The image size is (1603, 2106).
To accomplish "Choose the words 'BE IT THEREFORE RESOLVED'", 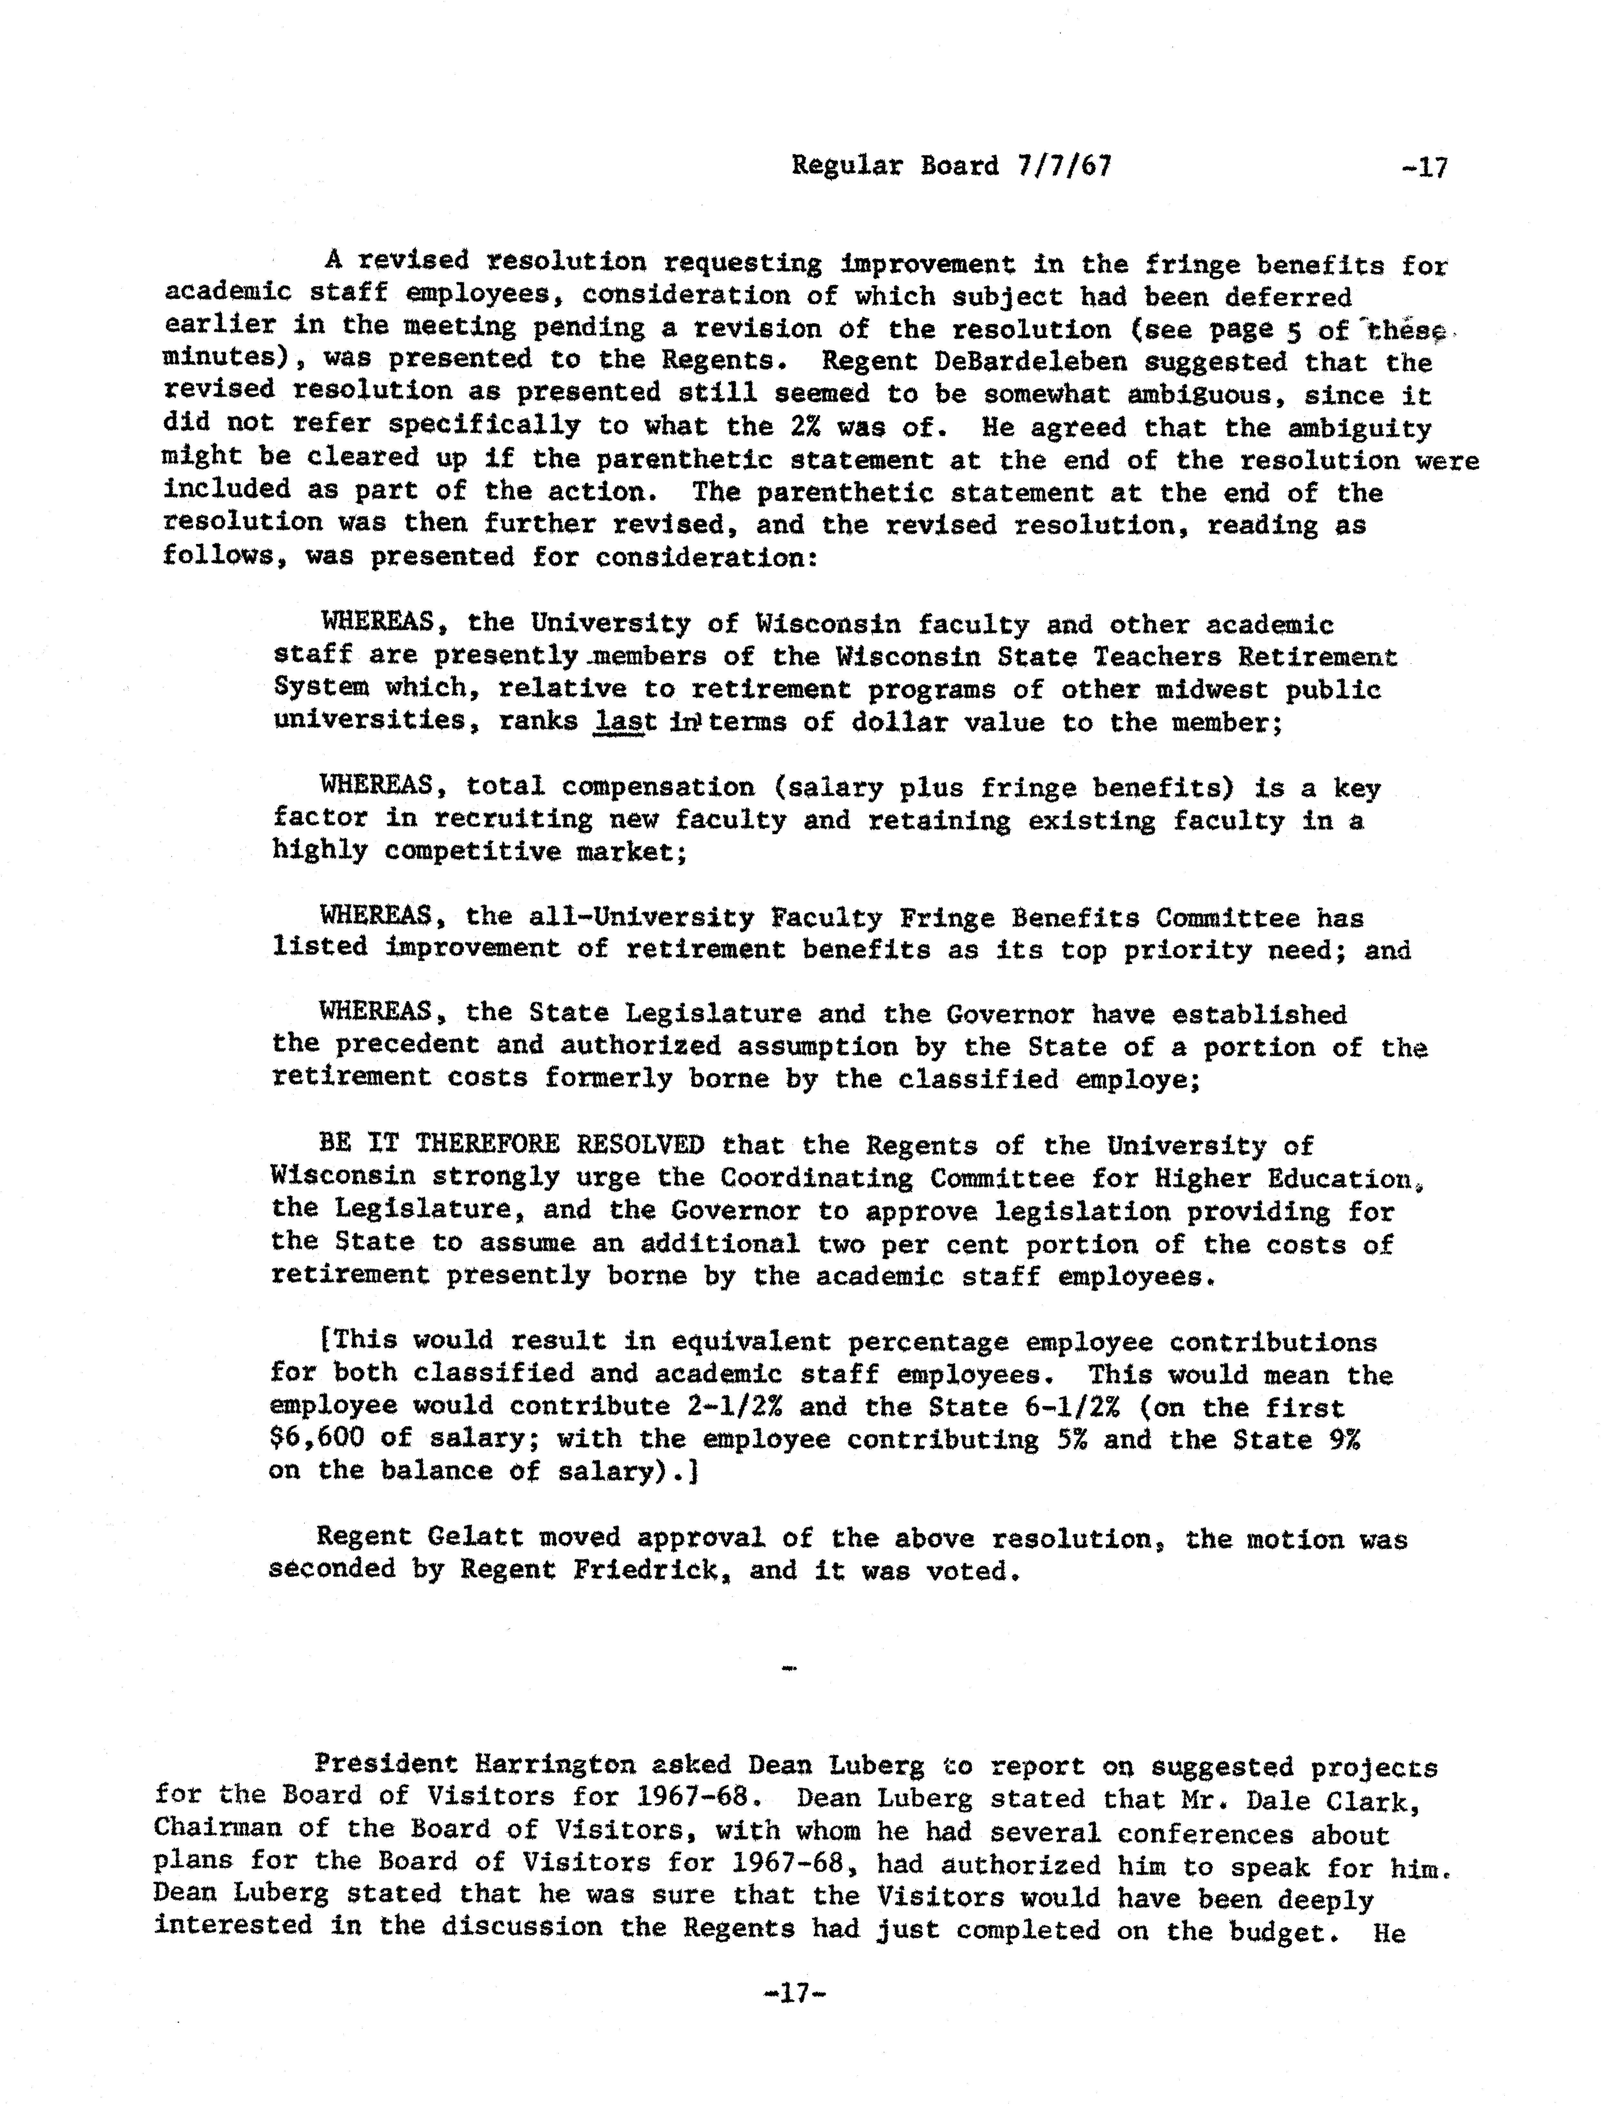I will pos(512,1144).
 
